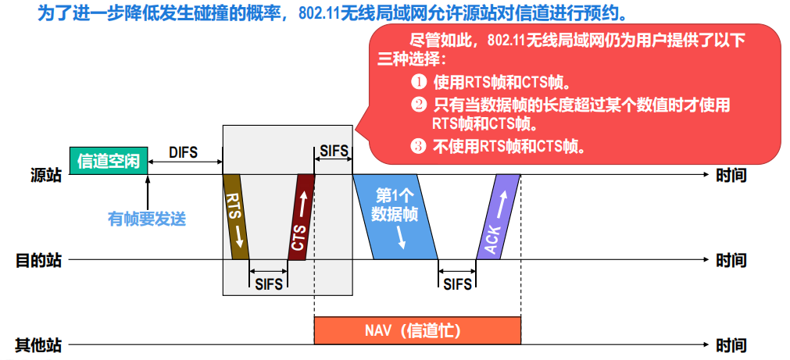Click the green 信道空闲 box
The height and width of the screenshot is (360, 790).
tap(108, 161)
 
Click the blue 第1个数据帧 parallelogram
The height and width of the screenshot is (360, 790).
tap(395, 217)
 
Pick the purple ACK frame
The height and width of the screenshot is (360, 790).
tap(498, 217)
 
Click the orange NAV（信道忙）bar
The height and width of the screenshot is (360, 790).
tap(417, 330)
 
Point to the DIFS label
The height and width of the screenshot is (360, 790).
tap(184, 152)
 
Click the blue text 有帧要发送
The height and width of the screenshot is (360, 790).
tap(147, 219)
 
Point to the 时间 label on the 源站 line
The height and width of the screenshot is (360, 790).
tap(731, 176)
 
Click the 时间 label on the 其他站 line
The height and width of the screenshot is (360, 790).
tap(731, 344)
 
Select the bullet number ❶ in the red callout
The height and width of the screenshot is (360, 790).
tap(419, 81)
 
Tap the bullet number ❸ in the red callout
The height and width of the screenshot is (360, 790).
tap(419, 144)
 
